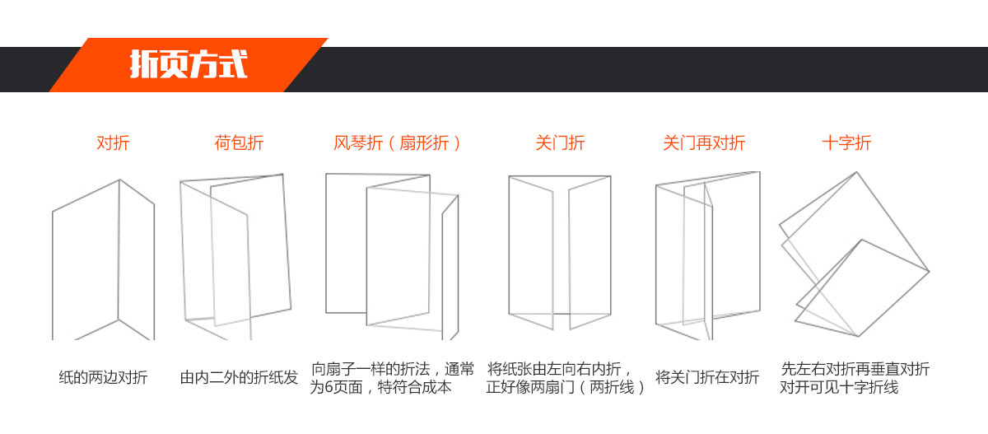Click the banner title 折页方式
click(x=189, y=64)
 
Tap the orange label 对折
click(x=113, y=143)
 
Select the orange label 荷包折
click(x=239, y=143)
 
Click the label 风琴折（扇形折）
click(x=397, y=143)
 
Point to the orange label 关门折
click(x=560, y=143)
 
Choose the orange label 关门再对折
click(x=705, y=143)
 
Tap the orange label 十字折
click(x=847, y=143)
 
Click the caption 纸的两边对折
click(x=103, y=377)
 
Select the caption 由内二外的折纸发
click(x=239, y=377)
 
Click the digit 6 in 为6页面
click(x=329, y=387)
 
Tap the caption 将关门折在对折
click(x=707, y=377)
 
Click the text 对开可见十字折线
click(x=839, y=387)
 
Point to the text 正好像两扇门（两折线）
click(x=566, y=387)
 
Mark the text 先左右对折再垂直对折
click(x=855, y=369)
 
